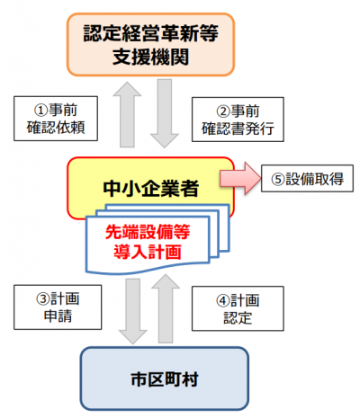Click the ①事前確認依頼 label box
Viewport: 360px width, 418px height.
pos(53,118)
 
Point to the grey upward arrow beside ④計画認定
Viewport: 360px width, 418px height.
pos(167,306)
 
